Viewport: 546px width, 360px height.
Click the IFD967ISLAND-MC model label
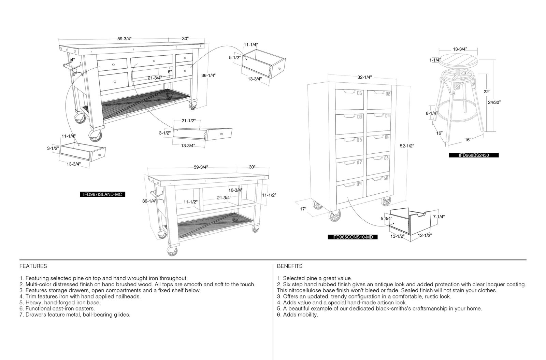[102, 194]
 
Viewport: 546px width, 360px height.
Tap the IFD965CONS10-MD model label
[353, 237]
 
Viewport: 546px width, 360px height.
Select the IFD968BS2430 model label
[474, 155]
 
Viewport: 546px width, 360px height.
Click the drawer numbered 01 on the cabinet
[349, 99]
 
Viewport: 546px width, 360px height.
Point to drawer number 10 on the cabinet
[377, 186]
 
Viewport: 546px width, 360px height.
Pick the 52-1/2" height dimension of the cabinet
[407, 146]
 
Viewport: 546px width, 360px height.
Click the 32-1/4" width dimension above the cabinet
[364, 77]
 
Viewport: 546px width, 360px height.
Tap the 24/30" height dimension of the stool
[494, 102]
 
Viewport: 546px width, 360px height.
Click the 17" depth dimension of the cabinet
[303, 209]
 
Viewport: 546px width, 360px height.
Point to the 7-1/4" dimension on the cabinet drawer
[439, 217]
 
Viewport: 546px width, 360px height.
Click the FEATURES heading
[33, 266]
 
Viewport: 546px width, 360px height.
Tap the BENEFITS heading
[290, 266]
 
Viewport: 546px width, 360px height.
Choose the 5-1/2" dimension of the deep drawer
[235, 58]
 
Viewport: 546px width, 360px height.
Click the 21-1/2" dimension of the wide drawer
[188, 121]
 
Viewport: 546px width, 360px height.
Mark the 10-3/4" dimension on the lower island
[235, 190]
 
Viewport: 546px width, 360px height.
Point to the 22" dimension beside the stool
[487, 92]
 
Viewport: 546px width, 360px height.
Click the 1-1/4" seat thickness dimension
[435, 60]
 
